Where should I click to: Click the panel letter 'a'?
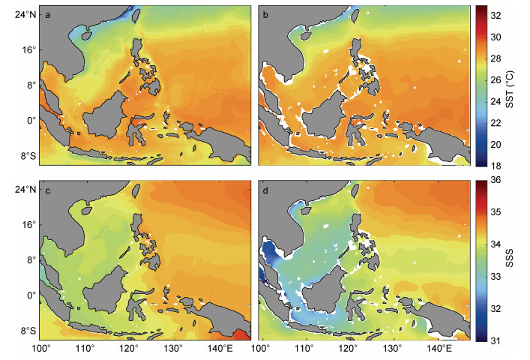point(48,15)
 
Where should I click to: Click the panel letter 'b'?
point(265,15)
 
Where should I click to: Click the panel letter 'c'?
point(48,191)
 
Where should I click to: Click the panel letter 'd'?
point(265,190)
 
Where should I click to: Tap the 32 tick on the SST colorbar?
point(496,16)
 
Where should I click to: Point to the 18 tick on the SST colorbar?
point(496,166)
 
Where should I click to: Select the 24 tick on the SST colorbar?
point(496,101)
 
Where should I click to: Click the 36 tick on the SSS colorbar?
point(496,180)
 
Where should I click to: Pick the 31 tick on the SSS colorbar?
point(496,340)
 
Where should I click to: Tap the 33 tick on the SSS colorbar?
point(496,277)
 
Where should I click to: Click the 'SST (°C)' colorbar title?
point(510,89)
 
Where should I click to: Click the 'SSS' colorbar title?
point(509,258)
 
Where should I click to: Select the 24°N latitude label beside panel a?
point(25,15)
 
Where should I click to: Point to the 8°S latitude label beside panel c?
point(28,331)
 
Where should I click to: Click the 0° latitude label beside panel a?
point(31,120)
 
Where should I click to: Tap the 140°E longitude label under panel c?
point(220,348)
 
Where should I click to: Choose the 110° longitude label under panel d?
point(304,348)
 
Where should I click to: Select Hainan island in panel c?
point(86,210)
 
